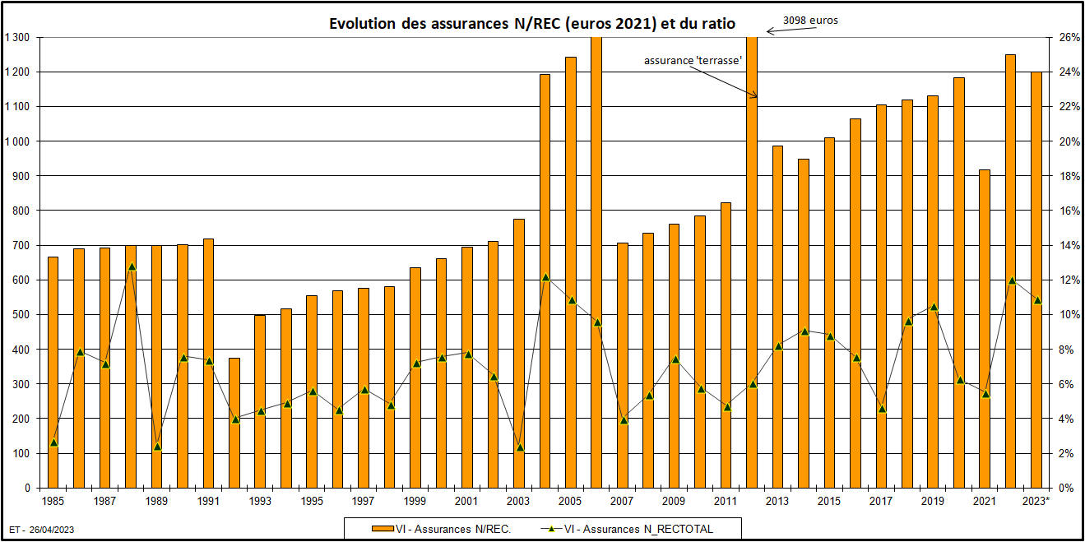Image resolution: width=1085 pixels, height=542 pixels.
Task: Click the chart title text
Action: point(532,24)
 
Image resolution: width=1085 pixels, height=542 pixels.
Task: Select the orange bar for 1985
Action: point(53,370)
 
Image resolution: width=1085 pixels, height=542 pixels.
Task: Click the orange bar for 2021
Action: point(985,329)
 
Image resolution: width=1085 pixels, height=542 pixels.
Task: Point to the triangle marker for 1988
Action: point(131,266)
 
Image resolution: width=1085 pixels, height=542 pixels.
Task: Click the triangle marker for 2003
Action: point(519,447)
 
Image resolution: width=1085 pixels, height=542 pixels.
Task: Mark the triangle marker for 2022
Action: point(1011,280)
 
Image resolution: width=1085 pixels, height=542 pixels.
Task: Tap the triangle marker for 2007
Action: point(623,420)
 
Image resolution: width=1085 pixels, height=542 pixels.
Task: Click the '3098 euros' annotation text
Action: point(810,21)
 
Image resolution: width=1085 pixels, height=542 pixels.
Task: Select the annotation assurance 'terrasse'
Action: point(693,60)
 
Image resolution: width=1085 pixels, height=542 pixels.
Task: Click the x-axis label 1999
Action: point(415,501)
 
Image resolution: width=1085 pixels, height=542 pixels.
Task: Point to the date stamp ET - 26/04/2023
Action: point(42,530)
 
